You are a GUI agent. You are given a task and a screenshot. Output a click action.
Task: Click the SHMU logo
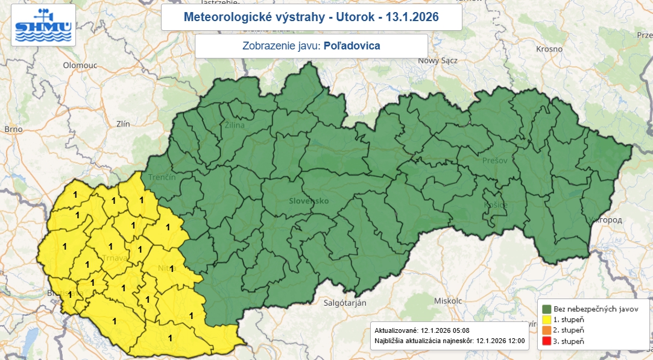click(x=43, y=25)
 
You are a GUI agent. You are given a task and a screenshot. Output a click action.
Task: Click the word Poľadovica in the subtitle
click(x=352, y=46)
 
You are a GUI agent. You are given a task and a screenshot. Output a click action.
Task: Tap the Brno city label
click(x=13, y=129)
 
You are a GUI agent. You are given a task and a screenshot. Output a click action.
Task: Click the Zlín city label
click(x=123, y=124)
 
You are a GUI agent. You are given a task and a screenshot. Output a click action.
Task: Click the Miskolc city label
click(x=447, y=300)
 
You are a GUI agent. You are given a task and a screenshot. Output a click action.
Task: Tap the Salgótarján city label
click(x=345, y=303)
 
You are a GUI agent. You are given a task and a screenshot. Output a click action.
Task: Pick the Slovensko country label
click(x=309, y=201)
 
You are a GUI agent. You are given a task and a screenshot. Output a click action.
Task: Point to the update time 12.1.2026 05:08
click(x=445, y=331)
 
